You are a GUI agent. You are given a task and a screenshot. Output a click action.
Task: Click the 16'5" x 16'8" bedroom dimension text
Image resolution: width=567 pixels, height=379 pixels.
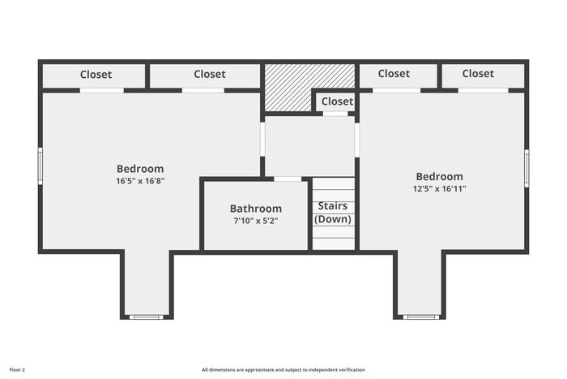point(140,181)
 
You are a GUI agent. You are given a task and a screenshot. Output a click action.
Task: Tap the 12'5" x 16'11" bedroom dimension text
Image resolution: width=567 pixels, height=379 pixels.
point(439,189)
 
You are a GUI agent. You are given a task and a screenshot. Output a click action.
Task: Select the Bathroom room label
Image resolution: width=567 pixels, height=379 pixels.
point(256,209)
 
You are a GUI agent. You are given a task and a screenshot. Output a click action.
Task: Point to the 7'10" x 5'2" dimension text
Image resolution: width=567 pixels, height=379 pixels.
point(256,221)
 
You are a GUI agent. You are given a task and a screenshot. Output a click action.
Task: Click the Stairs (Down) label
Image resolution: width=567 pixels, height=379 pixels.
point(333,213)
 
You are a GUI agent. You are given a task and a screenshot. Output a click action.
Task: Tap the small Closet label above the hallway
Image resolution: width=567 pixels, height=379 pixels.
point(337,101)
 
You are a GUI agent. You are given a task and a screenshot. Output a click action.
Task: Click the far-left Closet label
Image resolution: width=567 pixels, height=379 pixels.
point(96,75)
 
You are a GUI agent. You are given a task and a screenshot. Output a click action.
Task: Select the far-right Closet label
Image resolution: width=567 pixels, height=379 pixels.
point(478,74)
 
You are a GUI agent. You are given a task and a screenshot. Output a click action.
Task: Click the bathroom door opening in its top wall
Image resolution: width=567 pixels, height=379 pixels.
point(287,179)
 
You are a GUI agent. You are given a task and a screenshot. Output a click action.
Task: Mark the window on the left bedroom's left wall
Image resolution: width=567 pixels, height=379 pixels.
point(40,166)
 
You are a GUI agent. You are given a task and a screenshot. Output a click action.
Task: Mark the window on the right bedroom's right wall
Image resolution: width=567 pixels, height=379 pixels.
point(526,168)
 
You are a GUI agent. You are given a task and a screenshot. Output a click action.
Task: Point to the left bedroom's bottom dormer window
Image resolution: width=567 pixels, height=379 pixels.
point(147,317)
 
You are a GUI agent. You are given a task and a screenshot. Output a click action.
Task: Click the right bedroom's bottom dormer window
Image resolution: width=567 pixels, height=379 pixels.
point(421,317)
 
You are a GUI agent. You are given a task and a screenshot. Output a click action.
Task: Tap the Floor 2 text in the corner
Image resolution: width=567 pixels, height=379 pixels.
point(17,370)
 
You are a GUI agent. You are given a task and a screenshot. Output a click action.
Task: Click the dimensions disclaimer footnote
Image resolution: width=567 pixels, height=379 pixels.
point(283,370)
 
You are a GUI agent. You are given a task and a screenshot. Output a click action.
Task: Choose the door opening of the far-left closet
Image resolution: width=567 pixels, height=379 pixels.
point(101,91)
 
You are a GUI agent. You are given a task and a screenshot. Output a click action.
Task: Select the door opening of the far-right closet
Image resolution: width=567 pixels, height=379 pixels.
point(483,91)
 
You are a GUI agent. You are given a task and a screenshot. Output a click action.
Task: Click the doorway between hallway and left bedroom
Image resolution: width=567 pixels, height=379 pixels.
point(262,140)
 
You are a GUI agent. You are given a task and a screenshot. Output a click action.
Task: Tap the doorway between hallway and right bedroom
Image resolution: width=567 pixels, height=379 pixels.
point(357,140)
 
